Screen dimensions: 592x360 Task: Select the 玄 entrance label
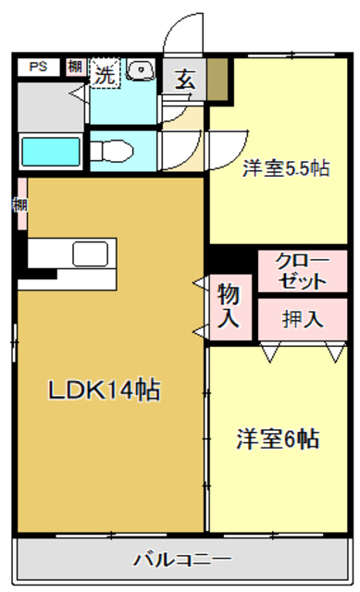[x=185, y=80]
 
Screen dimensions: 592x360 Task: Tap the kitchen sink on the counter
[x=92, y=254]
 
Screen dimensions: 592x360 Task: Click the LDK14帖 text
[x=104, y=389]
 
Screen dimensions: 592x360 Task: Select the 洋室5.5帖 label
[x=285, y=168]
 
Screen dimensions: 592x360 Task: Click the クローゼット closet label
[x=302, y=271]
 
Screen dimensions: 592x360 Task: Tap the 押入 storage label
[x=302, y=319]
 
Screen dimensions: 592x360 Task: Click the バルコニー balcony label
[x=181, y=560]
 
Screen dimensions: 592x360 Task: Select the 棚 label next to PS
[x=74, y=67]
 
